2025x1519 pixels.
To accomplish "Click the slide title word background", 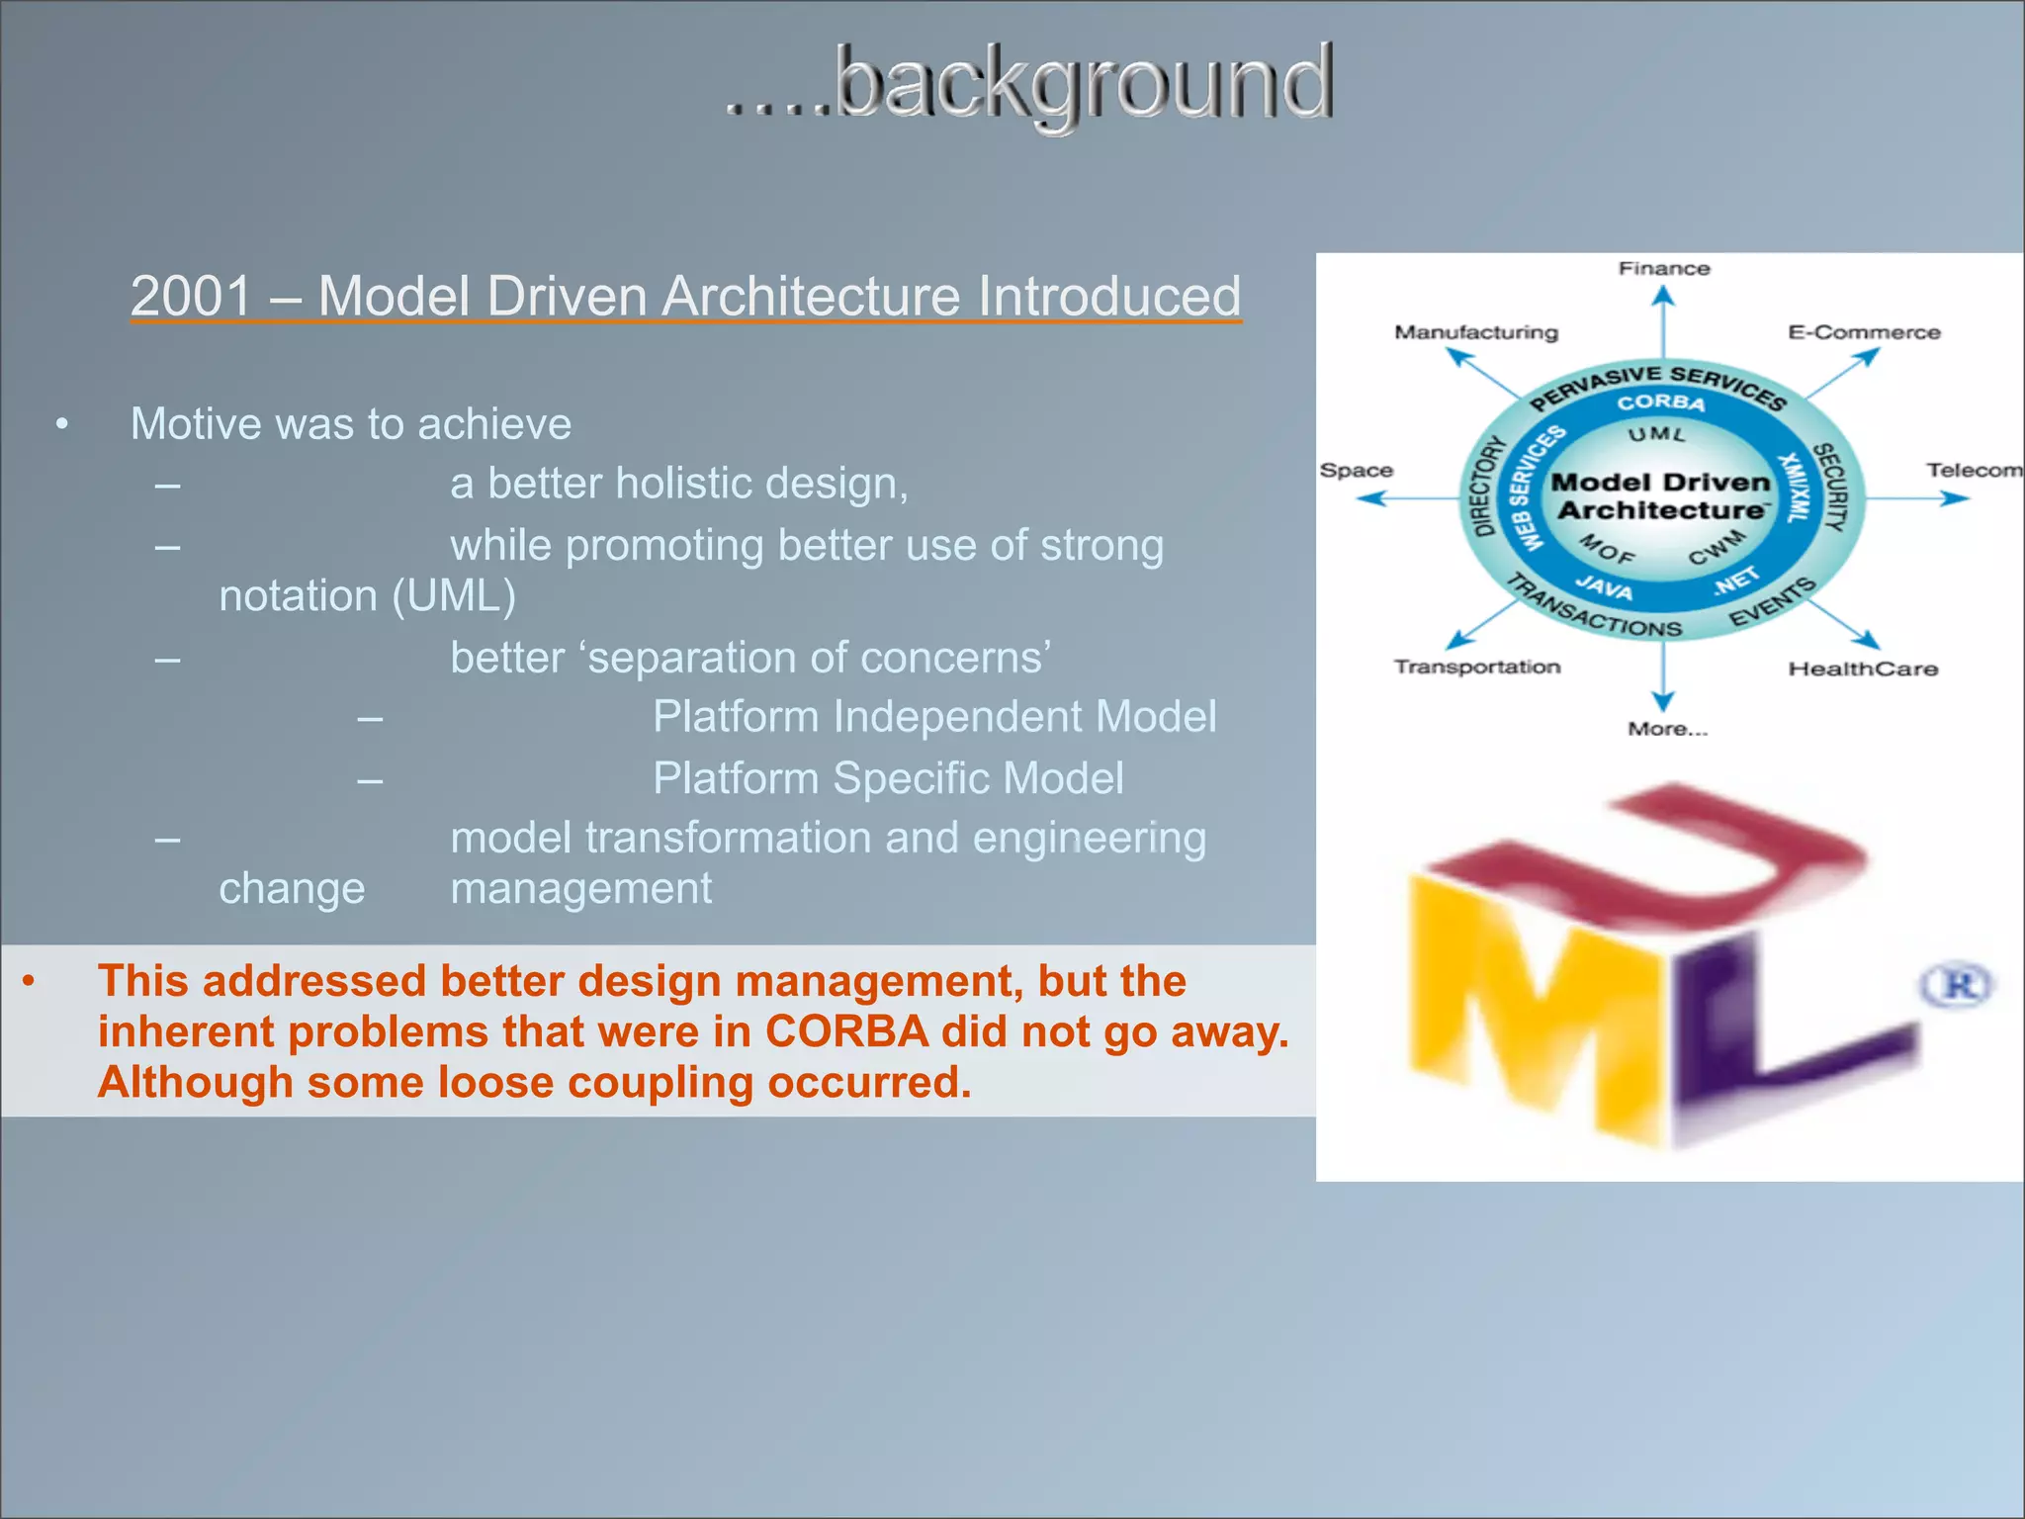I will coord(1084,84).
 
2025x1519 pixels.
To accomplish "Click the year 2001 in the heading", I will coord(192,296).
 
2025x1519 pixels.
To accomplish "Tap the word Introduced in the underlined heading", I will coord(1108,296).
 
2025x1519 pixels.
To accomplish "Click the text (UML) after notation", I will coord(454,596).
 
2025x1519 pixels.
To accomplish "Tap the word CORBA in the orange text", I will coord(846,1031).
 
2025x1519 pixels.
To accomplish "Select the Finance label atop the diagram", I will coord(1663,269).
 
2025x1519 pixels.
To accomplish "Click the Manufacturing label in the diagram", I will coord(1475,332).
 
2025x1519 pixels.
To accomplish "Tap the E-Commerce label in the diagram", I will coord(1863,332).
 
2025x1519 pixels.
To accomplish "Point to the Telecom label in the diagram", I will coord(1973,471).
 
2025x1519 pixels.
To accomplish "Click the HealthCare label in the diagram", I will coord(1863,670).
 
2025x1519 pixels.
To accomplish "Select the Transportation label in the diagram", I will coord(1476,668).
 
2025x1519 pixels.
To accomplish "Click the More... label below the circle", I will coord(1667,730).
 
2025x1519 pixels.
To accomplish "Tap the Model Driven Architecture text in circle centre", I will coord(1661,496).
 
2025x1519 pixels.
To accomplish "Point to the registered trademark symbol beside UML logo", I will coord(1957,985).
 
